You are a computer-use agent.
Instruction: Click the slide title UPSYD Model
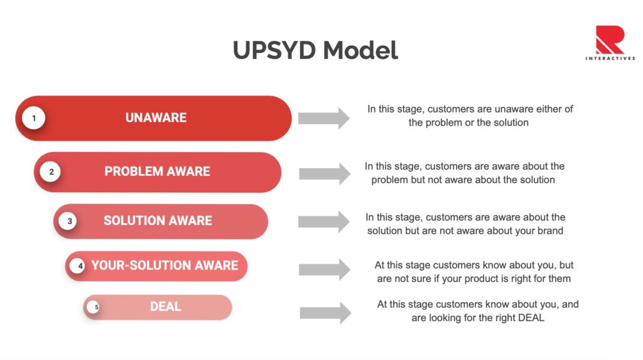tap(315, 50)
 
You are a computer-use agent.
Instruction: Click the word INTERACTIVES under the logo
tap(610, 58)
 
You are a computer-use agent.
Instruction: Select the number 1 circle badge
tap(33, 117)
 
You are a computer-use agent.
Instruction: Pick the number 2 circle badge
tap(51, 172)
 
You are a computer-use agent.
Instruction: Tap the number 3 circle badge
tap(69, 221)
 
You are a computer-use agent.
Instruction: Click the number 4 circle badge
tap(80, 266)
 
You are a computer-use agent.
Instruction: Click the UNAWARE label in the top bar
tap(156, 117)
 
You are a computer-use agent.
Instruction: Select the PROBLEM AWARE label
tap(157, 172)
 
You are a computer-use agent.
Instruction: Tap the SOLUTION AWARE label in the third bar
tap(158, 221)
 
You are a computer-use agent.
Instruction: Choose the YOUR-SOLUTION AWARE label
tap(165, 266)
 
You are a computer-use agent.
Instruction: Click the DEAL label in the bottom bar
tap(165, 307)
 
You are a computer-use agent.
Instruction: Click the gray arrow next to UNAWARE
tap(323, 118)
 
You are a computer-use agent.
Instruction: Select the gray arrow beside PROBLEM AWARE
tap(324, 173)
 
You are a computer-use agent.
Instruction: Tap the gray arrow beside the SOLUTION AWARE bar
tap(323, 221)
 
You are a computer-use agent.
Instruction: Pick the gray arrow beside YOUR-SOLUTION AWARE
tap(324, 270)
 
